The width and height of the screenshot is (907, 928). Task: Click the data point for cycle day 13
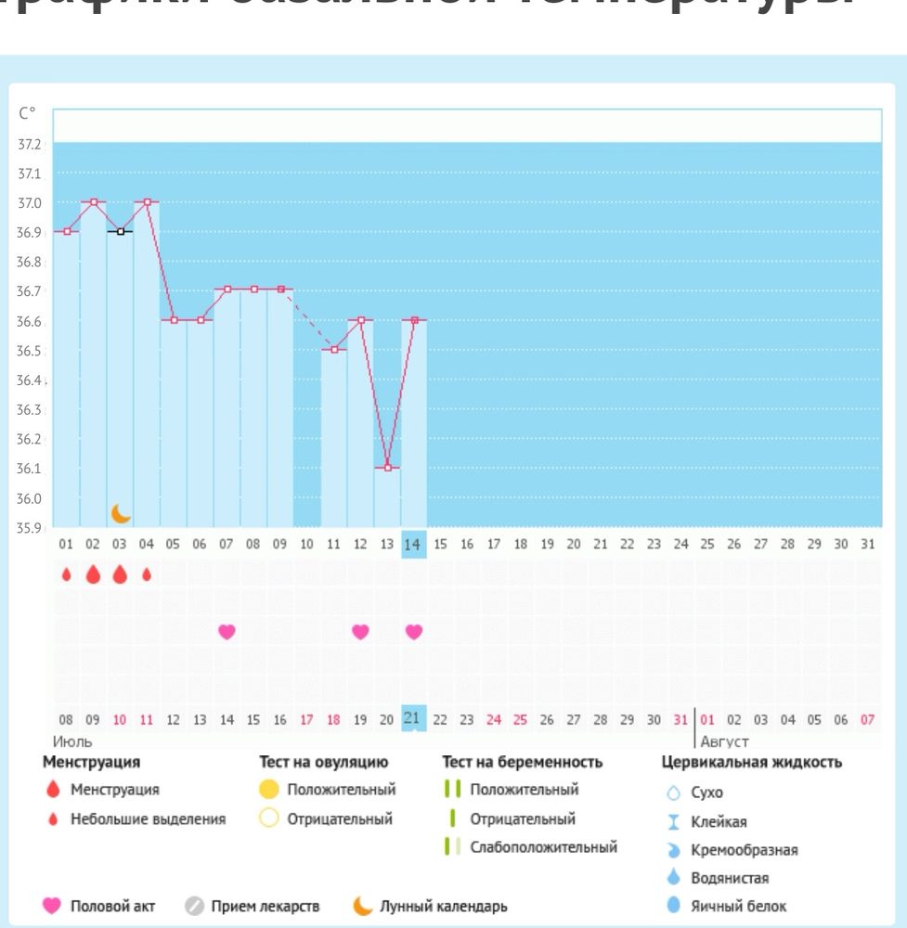387,468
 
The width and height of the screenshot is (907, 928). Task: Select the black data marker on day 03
121,231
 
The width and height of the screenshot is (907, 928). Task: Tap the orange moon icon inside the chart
121,513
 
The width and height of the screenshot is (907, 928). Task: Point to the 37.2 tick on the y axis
30,144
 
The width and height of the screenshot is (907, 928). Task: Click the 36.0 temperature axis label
30,498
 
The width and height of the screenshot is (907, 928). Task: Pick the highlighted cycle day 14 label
414,544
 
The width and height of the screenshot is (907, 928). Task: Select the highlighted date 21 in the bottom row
413,718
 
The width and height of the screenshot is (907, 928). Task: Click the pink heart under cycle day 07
227,632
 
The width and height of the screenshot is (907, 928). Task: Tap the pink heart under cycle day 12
360,632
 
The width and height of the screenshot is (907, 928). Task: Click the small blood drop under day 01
67,575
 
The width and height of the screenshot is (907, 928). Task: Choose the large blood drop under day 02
93,575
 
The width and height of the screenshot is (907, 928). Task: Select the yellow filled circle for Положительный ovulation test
269,791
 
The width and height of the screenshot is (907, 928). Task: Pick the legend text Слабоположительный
542,847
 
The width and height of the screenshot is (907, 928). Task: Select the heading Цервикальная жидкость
751,763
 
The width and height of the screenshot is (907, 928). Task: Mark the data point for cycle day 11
334,350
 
